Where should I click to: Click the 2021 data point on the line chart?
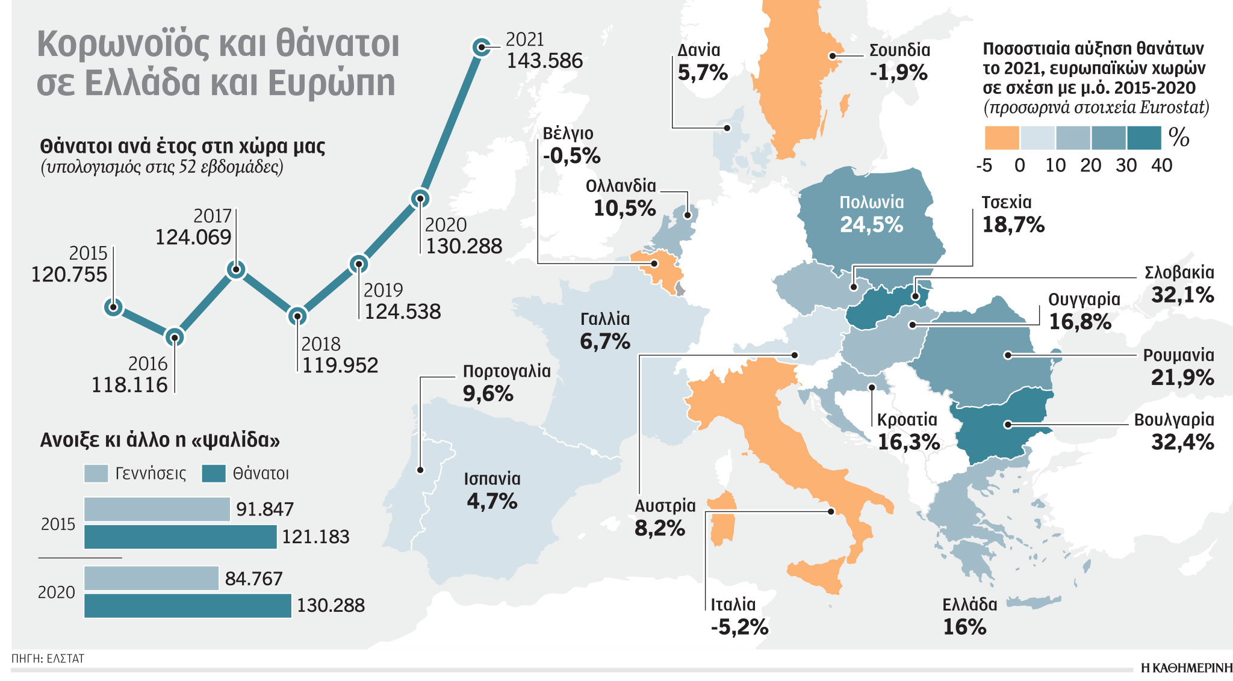coord(480,47)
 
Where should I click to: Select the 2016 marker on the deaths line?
coord(175,337)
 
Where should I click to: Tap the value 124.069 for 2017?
coord(193,238)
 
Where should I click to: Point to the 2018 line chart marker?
coord(297,315)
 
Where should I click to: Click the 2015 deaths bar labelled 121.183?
coord(180,537)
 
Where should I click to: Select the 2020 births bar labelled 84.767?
coord(151,578)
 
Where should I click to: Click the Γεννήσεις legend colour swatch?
coord(96,474)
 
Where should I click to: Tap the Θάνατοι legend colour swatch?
coord(214,474)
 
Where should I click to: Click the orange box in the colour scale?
coord(1001,138)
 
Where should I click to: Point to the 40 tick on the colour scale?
coord(1161,165)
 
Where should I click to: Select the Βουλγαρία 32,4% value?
coord(1182,442)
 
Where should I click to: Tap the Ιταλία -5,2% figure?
coord(739,627)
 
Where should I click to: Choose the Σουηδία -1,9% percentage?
coord(898,73)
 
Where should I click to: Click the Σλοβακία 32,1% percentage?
coord(1182,295)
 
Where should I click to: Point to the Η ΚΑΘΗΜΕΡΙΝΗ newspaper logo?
coord(1185,668)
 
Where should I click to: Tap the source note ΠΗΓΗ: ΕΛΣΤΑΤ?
coord(48,659)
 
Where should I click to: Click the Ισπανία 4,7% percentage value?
coord(492,501)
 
